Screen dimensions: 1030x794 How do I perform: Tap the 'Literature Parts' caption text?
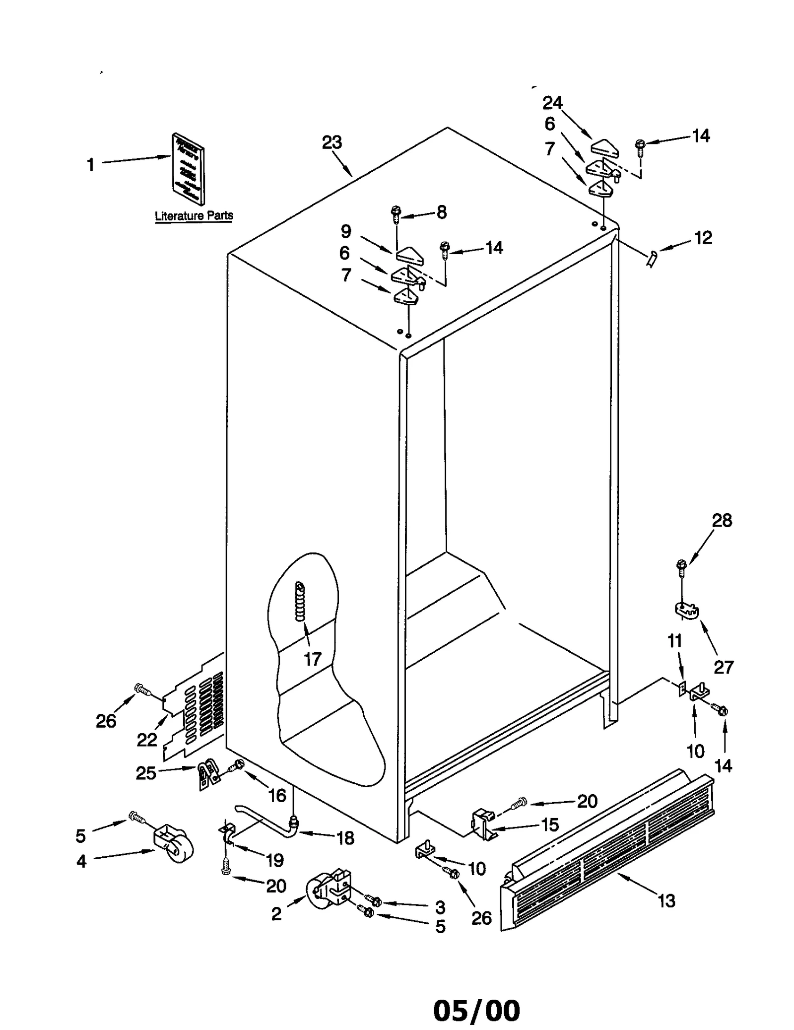pos(194,216)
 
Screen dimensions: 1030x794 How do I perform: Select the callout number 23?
pos(331,142)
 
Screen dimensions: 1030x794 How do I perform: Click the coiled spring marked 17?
pos(300,601)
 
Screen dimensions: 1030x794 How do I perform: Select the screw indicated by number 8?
pos(396,214)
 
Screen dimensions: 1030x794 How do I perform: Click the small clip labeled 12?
pos(652,258)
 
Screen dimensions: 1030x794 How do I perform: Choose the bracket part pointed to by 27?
pos(686,610)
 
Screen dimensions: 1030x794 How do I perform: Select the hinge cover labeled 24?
pos(603,147)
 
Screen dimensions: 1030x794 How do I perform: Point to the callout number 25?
pos(146,773)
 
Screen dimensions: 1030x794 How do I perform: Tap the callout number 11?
pos(674,641)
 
